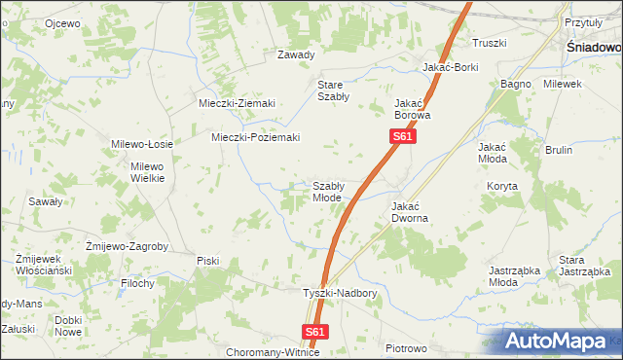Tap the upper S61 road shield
pos(404,138)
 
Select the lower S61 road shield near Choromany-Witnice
pos(313,332)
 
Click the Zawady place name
pos(297,54)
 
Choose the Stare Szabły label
pos(334,91)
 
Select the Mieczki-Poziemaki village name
pos(256,137)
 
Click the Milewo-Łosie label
pos(142,144)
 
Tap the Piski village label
pos(207,260)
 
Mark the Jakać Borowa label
pos(412,108)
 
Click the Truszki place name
pos(490,43)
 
